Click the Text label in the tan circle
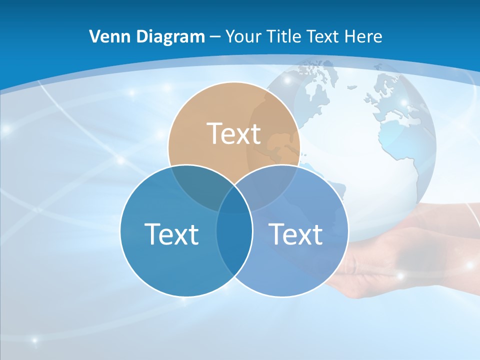point(234,133)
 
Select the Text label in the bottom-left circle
point(171,233)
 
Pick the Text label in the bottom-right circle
point(295,233)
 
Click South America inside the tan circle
point(277,145)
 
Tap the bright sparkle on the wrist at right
point(470,265)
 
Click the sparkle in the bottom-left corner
point(34,341)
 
